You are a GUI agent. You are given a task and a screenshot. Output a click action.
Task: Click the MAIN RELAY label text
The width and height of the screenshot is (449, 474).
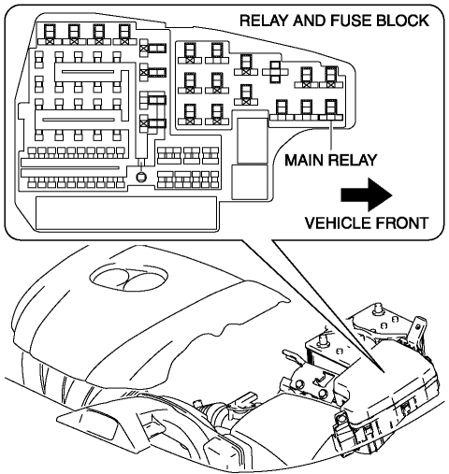pos(331,160)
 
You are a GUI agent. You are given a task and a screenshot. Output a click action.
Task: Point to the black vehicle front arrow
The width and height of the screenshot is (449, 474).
pos(367,195)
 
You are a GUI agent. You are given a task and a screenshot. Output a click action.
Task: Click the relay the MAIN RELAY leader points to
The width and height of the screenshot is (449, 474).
pos(331,109)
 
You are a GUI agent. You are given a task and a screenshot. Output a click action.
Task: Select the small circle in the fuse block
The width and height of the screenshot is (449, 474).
pos(141,177)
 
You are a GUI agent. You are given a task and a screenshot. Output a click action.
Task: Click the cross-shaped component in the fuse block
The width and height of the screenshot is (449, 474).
pos(275,72)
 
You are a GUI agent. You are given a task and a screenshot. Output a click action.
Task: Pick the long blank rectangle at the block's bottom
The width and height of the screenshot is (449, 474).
pos(126,213)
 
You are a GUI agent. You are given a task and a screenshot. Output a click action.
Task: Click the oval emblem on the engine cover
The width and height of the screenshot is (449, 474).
pos(128,276)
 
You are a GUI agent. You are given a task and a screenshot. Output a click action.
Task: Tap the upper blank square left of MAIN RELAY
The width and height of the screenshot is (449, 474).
pos(253,140)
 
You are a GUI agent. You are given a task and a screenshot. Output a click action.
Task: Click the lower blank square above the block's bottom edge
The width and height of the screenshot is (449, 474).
pos(250,182)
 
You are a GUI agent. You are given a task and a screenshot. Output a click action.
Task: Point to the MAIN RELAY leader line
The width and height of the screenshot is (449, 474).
pos(331,136)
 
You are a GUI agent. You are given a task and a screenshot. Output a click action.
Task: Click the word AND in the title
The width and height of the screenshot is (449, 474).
pos(310,21)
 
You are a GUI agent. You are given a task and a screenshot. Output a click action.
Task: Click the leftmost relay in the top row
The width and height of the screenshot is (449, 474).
pos(50,35)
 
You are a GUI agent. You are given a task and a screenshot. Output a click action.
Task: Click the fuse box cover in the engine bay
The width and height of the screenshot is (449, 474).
pos(390,386)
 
